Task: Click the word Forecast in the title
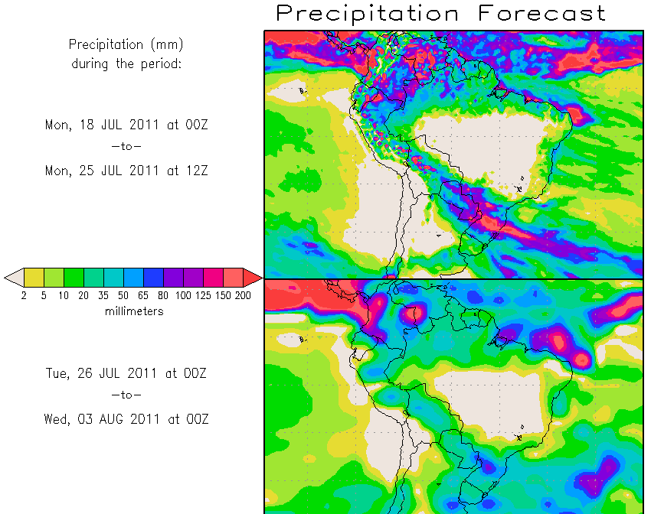(541, 13)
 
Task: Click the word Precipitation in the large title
(368, 13)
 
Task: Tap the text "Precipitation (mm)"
(126, 45)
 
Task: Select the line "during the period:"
(126, 64)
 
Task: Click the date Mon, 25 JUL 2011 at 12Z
(126, 171)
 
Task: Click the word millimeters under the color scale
(134, 311)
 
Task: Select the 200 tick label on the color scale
(243, 296)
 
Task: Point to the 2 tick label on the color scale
(24, 296)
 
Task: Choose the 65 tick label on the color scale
(143, 296)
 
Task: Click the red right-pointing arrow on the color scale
(253, 277)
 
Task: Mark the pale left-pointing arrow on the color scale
(14, 277)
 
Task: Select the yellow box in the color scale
(34, 277)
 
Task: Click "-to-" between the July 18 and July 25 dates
(126, 146)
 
